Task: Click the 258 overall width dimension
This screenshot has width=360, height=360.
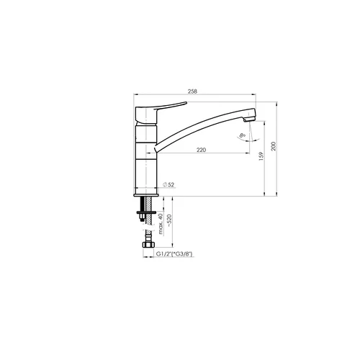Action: [192, 91]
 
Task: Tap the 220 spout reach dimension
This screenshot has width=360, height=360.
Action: [201, 150]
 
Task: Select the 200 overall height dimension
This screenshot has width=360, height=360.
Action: [274, 146]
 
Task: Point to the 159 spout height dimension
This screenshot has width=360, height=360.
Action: [261, 156]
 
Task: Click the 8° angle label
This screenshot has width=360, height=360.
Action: [243, 135]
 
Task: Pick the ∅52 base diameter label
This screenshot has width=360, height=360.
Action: [168, 184]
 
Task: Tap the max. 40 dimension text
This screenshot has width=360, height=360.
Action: [161, 224]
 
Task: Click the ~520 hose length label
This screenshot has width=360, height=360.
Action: [169, 221]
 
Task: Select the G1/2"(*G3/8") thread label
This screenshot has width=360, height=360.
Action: [174, 254]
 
